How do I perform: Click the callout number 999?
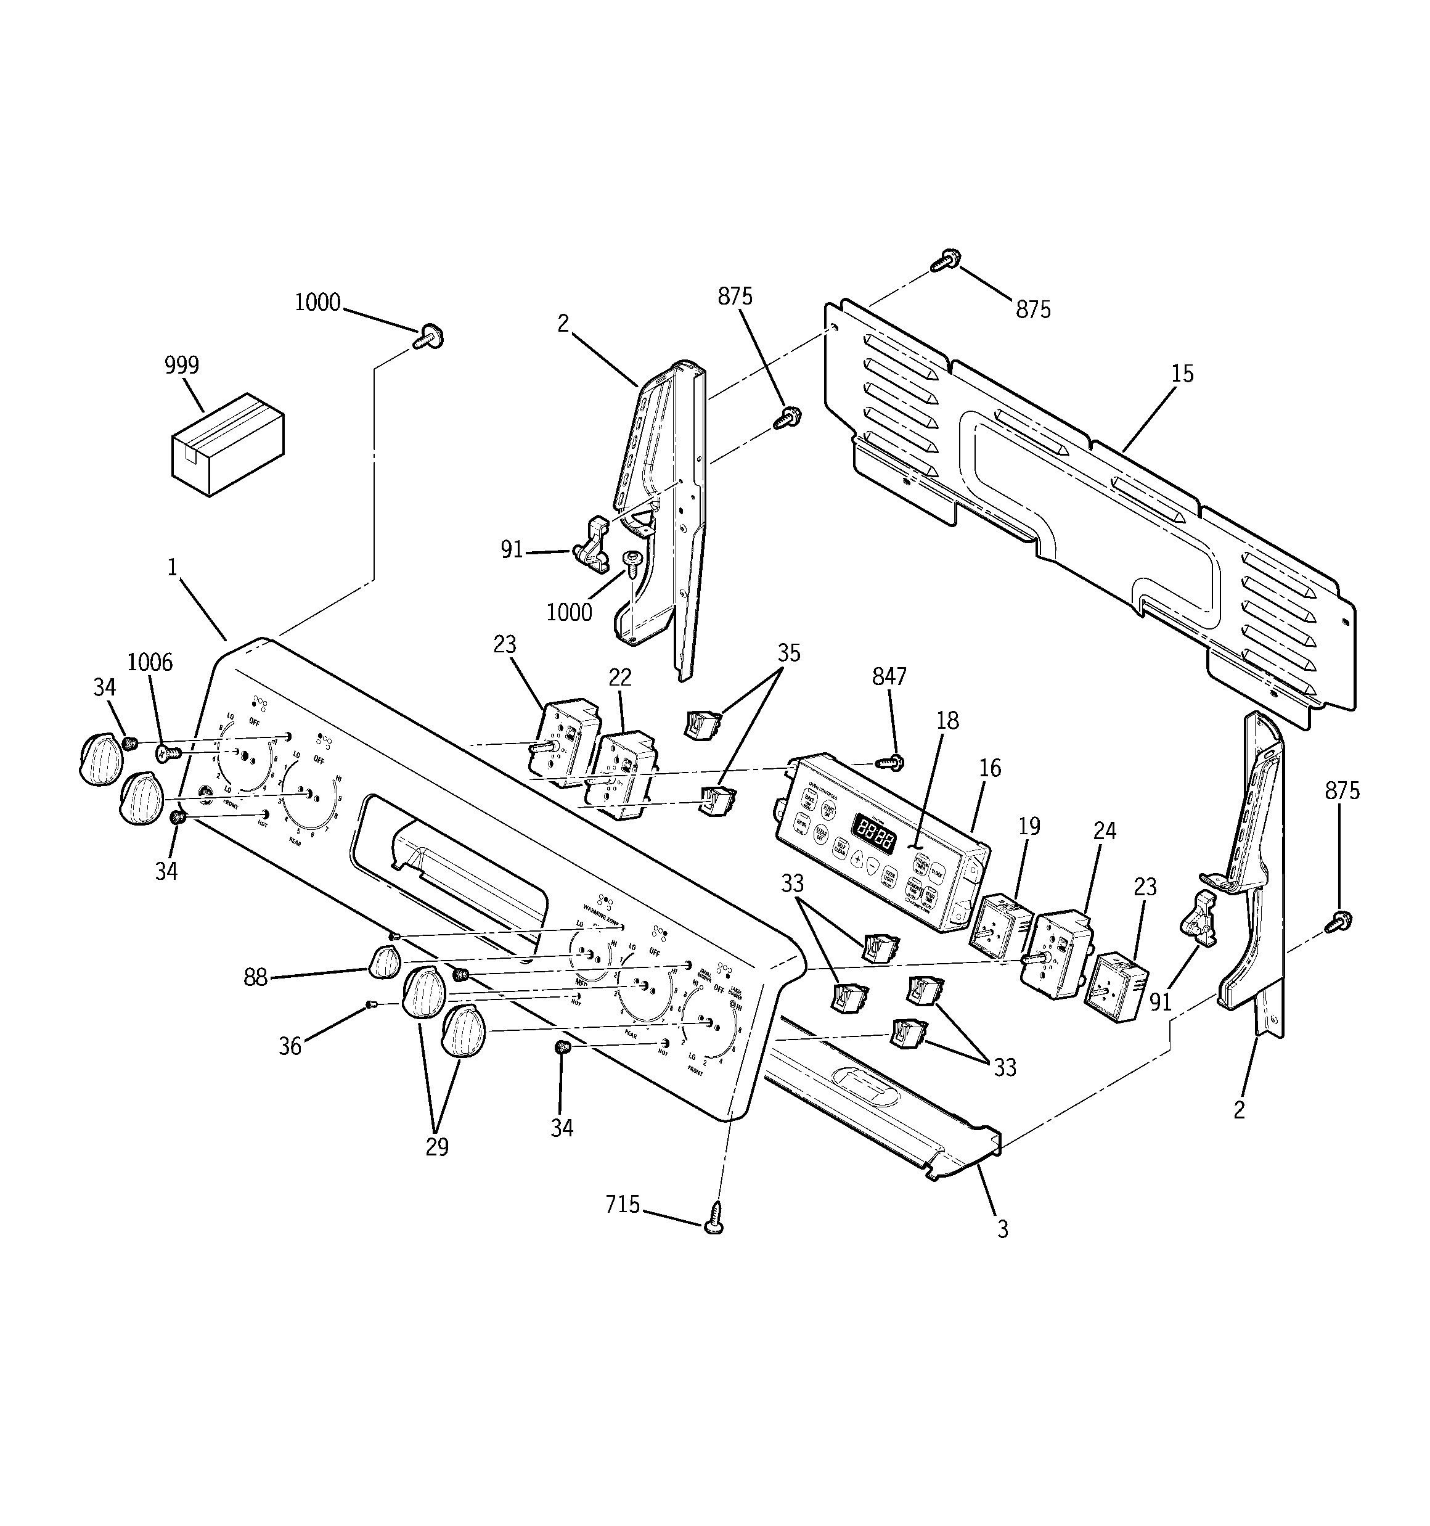(182, 366)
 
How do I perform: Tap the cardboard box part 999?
(226, 445)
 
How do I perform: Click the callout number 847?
(889, 676)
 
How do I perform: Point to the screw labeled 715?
(714, 1218)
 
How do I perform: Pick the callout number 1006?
(150, 662)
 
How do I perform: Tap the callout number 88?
(256, 977)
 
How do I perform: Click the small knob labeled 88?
(385, 962)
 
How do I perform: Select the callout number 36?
(289, 1046)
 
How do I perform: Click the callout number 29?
(437, 1146)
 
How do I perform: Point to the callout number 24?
(1105, 831)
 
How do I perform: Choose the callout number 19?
(1029, 826)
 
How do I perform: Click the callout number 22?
(619, 677)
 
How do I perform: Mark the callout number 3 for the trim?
(1002, 1229)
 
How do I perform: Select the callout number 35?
(788, 652)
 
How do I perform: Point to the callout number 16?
(990, 768)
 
